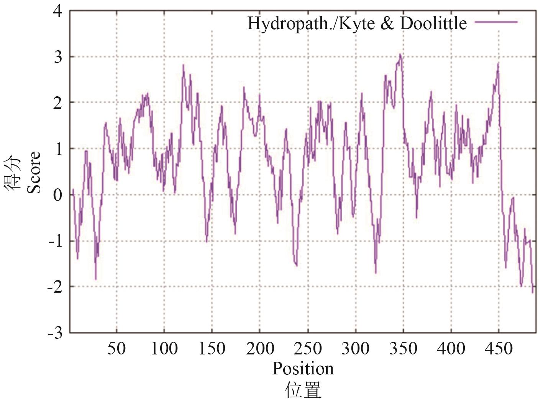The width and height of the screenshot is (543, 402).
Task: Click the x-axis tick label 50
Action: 116,349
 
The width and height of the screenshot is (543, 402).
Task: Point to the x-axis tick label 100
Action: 164,349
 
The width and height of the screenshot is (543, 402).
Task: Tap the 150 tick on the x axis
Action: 212,349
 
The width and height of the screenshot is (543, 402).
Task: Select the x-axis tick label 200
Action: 260,349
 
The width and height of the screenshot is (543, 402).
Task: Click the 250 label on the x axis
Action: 308,349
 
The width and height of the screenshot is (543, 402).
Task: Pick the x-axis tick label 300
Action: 355,349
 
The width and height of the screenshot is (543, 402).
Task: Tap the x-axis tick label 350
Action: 403,349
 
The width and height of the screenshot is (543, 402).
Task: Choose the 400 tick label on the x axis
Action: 451,349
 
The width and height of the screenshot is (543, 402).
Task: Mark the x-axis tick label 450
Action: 499,349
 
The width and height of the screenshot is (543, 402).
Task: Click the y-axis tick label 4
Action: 57,11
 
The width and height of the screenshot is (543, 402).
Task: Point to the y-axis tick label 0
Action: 57,195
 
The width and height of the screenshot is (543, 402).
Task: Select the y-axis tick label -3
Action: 55,333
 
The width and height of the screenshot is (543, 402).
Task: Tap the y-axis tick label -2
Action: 55,287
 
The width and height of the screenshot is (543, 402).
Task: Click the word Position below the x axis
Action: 303,369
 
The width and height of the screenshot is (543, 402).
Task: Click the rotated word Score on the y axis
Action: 34,173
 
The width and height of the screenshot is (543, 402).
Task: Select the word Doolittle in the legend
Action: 433,23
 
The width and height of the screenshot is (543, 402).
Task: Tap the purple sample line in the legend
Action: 496,22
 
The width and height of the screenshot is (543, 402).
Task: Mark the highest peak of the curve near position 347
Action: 400,54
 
